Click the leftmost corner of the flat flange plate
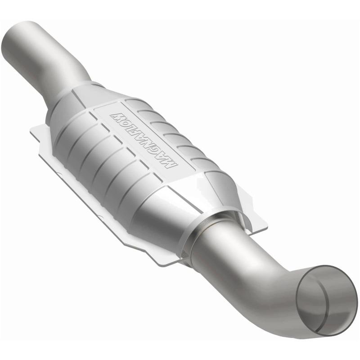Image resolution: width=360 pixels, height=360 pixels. point(31,130)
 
